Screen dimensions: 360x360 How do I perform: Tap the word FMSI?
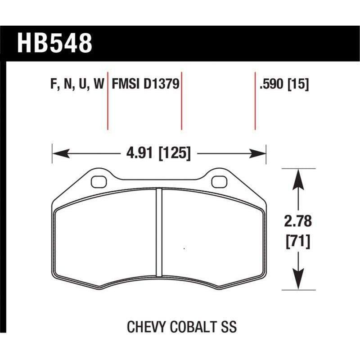click(126, 84)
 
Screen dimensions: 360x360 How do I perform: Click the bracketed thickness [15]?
click(298, 84)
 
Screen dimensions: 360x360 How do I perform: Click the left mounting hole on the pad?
click(97, 182)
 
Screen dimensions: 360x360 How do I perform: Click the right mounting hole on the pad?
click(218, 182)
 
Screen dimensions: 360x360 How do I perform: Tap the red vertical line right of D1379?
click(181, 100)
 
